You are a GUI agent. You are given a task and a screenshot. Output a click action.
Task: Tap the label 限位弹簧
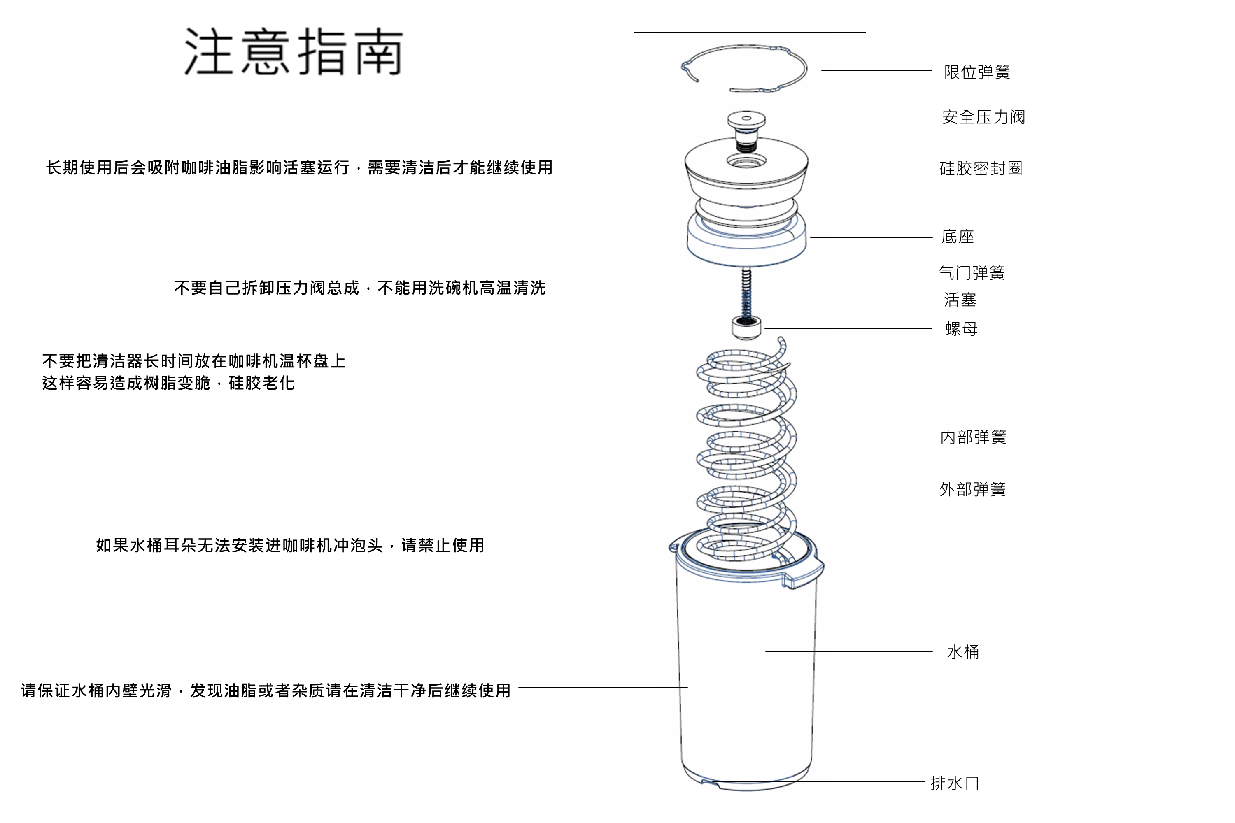(976, 72)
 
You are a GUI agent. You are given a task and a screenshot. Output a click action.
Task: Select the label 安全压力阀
(983, 117)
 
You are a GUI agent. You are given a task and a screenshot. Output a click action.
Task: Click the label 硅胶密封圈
(981, 168)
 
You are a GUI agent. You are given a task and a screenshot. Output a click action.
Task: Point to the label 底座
(957, 237)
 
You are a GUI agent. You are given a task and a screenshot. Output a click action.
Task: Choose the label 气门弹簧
(972, 273)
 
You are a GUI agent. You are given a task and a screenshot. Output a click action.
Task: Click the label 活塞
(960, 300)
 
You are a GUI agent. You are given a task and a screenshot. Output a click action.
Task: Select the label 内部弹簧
(973, 437)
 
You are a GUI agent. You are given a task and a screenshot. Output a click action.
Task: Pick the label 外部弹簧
(972, 490)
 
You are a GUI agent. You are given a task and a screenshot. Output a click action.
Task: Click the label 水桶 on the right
(962, 652)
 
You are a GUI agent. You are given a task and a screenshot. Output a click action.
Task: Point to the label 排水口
(955, 783)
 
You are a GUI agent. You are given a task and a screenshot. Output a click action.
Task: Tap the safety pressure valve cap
(746, 120)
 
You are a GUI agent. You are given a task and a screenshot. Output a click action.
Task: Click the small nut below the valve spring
(746, 328)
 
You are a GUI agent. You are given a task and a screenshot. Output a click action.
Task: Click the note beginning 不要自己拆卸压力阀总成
(360, 288)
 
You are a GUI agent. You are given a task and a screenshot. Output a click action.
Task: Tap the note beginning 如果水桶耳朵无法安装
(290, 545)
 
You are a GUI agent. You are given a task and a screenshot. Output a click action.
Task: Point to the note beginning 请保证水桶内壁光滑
(266, 691)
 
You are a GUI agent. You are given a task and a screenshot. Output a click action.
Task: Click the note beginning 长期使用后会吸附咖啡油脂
(299, 168)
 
